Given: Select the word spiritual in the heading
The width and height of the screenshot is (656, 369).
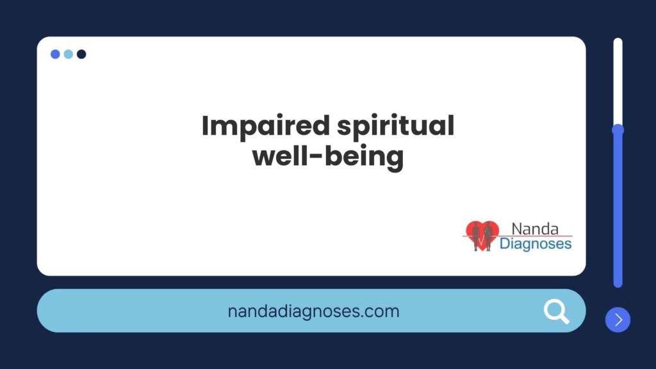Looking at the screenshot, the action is [x=395, y=126].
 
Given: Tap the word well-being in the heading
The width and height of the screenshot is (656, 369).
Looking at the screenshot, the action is [x=328, y=157].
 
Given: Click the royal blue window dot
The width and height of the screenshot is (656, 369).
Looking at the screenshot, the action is [x=55, y=54].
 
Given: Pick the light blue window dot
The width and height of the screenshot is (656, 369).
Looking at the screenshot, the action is [x=68, y=54].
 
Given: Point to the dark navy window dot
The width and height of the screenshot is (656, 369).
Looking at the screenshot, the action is [x=81, y=54].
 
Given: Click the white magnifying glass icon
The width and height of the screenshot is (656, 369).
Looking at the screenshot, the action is [x=557, y=312].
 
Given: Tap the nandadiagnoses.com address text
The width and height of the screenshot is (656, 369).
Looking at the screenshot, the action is [x=313, y=311].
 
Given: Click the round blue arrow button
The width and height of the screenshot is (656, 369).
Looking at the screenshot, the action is [x=618, y=320].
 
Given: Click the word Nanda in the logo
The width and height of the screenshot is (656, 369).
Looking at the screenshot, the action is [x=535, y=229].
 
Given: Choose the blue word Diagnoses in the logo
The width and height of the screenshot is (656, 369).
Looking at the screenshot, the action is [x=536, y=243].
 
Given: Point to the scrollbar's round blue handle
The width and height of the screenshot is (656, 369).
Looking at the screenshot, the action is [x=618, y=130].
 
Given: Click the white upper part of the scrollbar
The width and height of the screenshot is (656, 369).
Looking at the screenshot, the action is [x=618, y=81].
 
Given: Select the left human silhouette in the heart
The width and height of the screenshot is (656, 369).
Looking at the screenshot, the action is [x=476, y=237].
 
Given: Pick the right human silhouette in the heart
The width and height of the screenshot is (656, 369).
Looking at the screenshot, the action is [x=488, y=237].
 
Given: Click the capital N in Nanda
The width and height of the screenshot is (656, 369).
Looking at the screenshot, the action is [x=516, y=229].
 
